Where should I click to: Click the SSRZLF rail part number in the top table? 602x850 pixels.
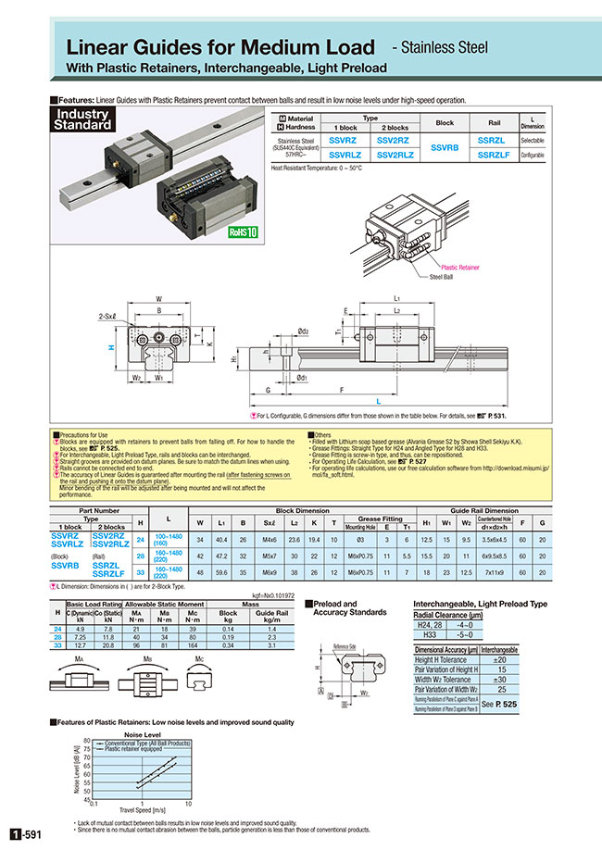click(x=491, y=156)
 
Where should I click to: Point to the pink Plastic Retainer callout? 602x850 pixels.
click(x=460, y=267)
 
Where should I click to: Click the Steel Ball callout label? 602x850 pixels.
click(x=440, y=276)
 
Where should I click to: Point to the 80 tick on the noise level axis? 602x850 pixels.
click(x=87, y=741)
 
